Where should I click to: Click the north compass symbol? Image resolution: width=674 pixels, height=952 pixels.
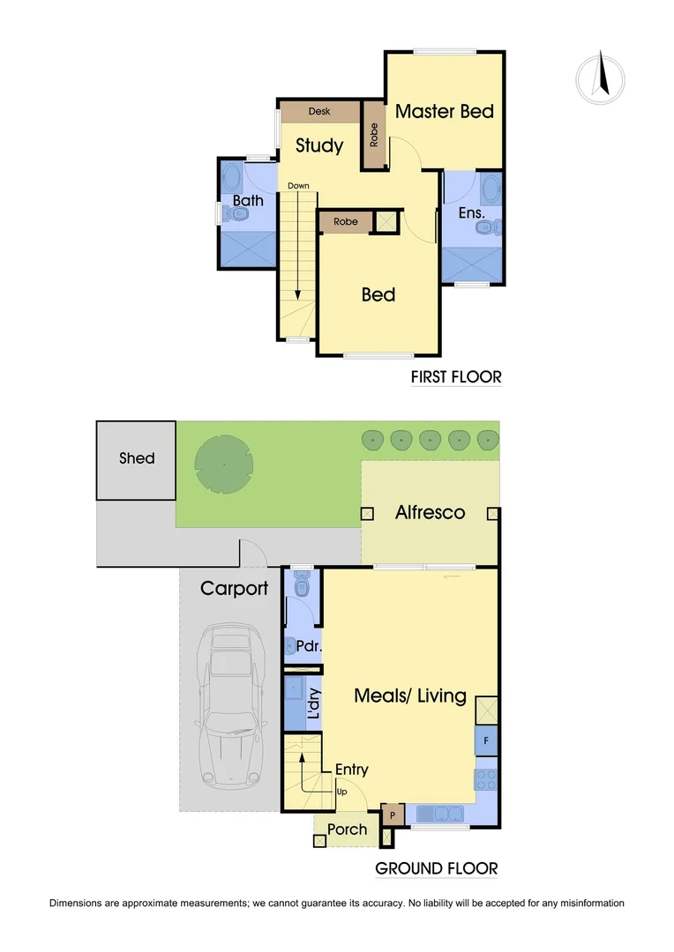[603, 76]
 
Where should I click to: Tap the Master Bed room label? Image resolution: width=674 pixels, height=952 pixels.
[444, 111]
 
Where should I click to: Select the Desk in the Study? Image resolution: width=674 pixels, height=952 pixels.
[319, 112]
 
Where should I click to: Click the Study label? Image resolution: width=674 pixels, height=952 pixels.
[318, 145]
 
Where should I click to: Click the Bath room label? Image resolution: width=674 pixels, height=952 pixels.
[248, 201]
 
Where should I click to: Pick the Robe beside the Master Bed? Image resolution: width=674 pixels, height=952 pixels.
[374, 135]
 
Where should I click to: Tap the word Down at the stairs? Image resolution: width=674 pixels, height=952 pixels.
[298, 186]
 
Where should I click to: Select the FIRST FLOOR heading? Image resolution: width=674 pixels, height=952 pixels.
[456, 377]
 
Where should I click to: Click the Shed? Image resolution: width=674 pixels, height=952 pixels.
[137, 458]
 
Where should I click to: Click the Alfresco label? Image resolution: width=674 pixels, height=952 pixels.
[430, 512]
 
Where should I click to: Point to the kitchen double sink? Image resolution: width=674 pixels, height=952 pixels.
[443, 814]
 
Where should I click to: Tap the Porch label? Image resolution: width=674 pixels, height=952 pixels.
[347, 829]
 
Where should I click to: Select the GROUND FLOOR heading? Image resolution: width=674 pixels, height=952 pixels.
[436, 868]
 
